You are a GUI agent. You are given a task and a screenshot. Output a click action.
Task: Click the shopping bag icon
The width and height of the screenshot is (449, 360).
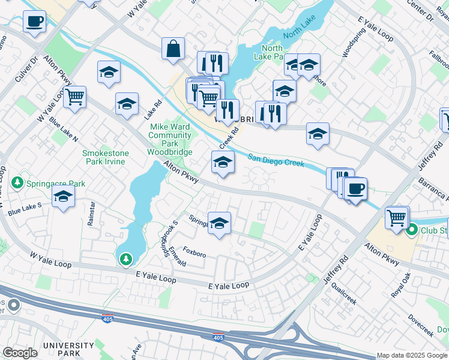coord(173,49)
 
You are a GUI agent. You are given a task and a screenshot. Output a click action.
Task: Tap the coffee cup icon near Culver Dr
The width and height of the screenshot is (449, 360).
coord(34,22)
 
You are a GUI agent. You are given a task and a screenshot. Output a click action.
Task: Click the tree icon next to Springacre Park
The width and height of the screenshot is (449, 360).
coord(18,182)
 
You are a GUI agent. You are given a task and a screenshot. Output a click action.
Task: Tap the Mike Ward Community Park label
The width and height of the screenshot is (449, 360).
coord(170,135)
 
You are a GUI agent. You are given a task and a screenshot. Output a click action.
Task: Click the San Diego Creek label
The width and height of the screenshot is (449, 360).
coord(276,160)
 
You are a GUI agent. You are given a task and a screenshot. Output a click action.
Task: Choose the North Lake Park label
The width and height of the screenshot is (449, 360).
coord(272,53)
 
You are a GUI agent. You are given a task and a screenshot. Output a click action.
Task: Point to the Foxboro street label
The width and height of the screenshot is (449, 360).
coord(194,254)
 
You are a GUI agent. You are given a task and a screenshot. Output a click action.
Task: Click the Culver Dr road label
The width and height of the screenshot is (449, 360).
coord(26,68)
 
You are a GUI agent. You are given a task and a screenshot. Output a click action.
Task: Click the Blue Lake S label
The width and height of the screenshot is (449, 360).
coord(25,209)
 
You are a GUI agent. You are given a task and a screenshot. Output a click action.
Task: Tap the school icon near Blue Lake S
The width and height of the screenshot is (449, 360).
coord(63,196)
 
